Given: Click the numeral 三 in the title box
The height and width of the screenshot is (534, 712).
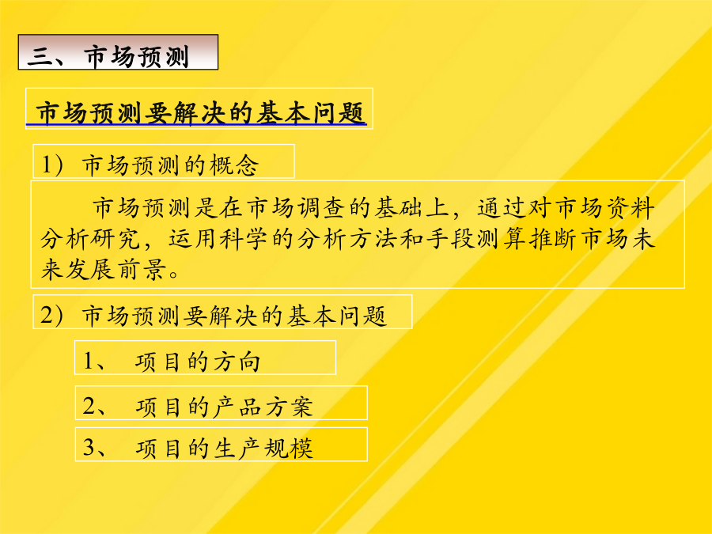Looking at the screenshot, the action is click(x=41, y=57).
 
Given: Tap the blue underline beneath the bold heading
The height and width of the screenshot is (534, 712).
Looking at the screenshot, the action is click(x=196, y=124).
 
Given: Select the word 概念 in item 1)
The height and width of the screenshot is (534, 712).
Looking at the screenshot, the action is click(x=234, y=165).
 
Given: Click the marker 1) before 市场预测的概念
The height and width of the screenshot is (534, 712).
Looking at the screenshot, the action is click(x=53, y=165).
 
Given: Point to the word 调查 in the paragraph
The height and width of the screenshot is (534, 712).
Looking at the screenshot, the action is click(x=324, y=208).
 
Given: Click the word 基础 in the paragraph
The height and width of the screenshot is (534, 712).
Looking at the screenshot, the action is click(x=400, y=208).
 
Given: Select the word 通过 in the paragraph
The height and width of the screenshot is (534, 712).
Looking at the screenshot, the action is click(x=502, y=208).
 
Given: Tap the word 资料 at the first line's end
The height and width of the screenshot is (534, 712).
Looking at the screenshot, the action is click(x=630, y=208).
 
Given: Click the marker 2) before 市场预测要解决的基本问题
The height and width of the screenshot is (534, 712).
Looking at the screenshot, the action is click(x=52, y=315).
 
